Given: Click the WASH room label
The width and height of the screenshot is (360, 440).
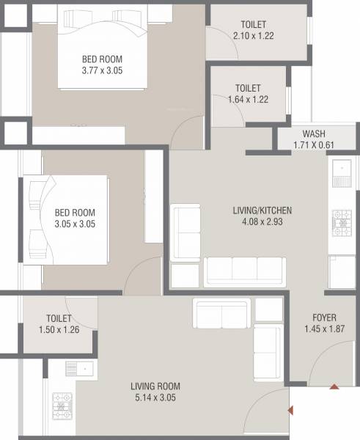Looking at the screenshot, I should [314, 134].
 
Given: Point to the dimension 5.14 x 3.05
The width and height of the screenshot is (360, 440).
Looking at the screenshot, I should [155, 398].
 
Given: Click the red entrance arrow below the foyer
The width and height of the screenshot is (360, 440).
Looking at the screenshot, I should [334, 386].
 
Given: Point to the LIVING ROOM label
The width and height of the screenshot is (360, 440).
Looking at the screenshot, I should [155, 386].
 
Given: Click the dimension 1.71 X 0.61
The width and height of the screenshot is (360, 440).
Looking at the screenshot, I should [314, 146].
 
